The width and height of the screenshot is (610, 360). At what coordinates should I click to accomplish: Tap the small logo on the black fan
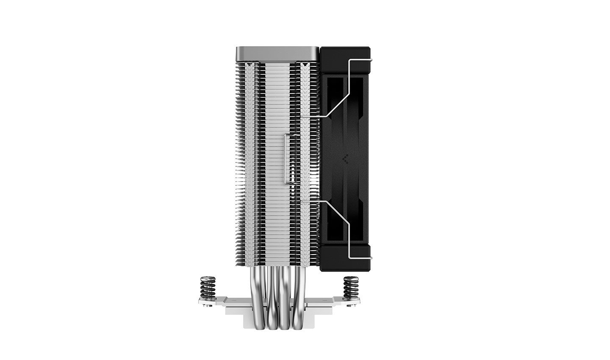[x=345, y=159]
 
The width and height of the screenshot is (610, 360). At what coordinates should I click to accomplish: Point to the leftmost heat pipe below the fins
[x=260, y=296]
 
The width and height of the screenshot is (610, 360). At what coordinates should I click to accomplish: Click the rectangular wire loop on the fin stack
[x=291, y=158]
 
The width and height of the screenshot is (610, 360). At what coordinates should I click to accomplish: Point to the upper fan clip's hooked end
[x=369, y=61]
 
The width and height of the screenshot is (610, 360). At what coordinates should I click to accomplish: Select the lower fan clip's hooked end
[x=369, y=258]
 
